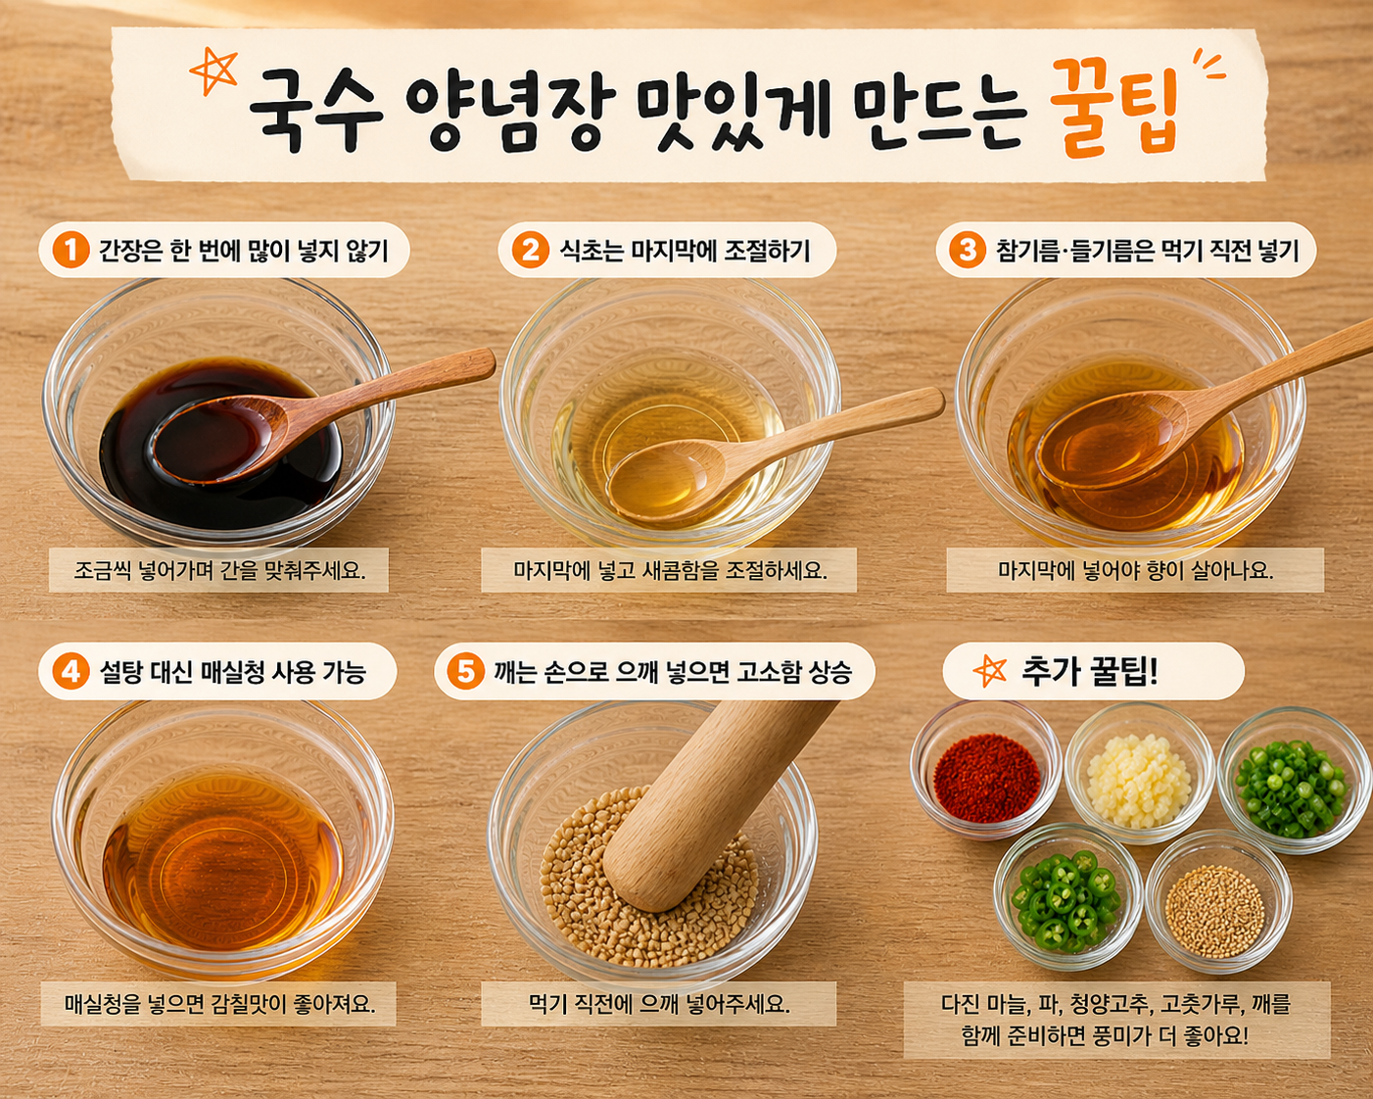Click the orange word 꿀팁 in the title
[1113, 108]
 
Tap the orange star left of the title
[213, 72]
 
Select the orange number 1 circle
[71, 250]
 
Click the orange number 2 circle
[530, 250]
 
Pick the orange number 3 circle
[968, 250]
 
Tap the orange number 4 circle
[71, 671]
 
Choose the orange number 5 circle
[466, 671]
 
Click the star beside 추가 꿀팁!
[989, 671]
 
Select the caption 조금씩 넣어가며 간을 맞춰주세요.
[219, 569]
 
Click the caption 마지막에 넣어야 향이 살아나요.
[1135, 569]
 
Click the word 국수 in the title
[314, 109]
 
